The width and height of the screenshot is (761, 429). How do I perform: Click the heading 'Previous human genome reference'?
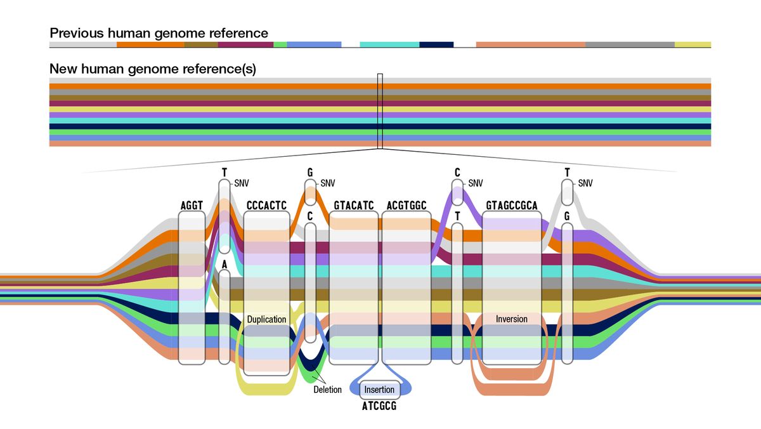point(159,33)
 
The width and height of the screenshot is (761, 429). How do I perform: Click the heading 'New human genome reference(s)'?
point(152,69)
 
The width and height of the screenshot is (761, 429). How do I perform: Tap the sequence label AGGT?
point(192,206)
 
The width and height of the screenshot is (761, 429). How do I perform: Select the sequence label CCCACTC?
point(266,206)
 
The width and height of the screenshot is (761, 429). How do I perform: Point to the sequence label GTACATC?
point(353,206)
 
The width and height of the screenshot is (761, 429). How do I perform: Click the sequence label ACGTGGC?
point(406,206)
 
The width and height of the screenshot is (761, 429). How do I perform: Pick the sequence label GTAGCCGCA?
point(512,206)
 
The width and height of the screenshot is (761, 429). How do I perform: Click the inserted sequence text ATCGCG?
point(379,406)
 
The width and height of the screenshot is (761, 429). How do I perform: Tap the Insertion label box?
point(379,389)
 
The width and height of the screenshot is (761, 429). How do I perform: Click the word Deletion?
point(327,390)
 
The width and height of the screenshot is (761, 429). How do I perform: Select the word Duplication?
point(266,319)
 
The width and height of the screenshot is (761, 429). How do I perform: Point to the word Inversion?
point(512,319)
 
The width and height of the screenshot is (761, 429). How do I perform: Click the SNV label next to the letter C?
point(476,183)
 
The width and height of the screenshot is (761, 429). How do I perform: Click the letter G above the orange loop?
point(310,172)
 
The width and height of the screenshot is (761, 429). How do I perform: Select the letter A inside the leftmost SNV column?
point(224,263)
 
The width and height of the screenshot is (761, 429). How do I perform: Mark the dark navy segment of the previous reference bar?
point(436,44)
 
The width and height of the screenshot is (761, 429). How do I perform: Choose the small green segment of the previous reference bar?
point(280,44)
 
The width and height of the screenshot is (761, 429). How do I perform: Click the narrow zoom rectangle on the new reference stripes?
point(380,111)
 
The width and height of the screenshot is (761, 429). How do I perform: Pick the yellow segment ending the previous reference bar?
point(692,44)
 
